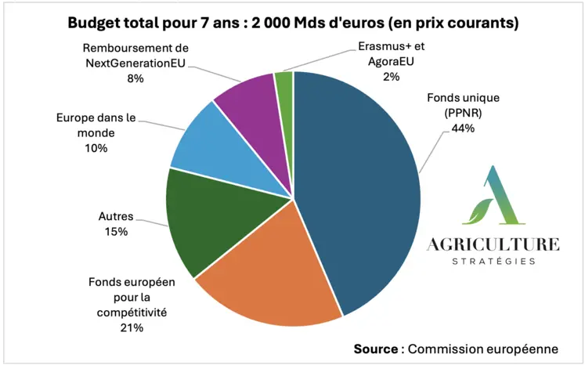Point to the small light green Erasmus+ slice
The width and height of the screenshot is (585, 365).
coord(284,83)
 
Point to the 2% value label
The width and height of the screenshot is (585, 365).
coord(390,77)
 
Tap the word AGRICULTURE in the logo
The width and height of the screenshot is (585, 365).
coord(493,244)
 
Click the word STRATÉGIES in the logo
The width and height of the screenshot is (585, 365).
coord(493,262)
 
